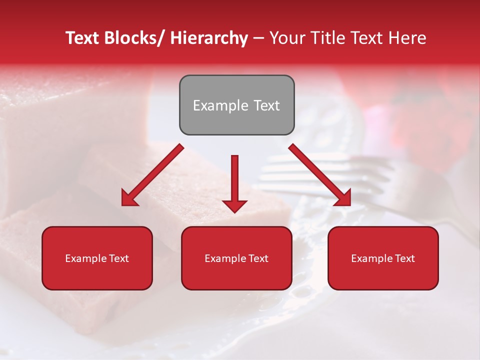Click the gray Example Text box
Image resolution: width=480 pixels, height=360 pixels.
click(x=236, y=105)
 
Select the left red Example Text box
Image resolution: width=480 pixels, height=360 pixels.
click(x=97, y=258)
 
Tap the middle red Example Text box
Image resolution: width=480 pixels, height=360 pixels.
click(x=236, y=258)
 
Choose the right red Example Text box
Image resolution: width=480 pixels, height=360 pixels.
click(x=383, y=258)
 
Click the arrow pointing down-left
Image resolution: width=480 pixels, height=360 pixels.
click(x=152, y=175)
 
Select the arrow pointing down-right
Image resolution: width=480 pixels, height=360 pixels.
click(x=320, y=175)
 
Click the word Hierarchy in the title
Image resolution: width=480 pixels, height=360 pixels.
click(x=209, y=38)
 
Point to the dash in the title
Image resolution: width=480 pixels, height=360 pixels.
click(x=258, y=38)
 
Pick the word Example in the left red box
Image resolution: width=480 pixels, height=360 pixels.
click(x=85, y=258)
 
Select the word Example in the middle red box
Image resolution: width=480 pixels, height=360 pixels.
click(x=225, y=258)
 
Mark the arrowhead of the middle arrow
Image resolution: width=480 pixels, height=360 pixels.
click(x=234, y=205)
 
